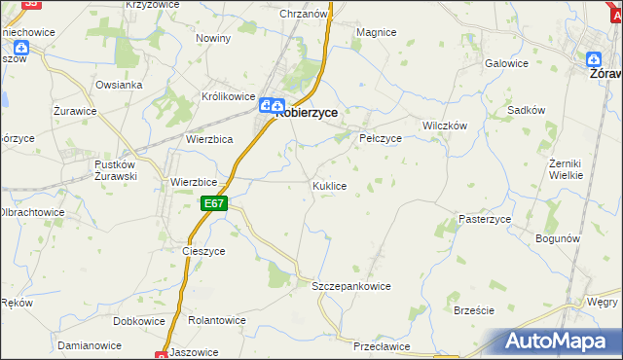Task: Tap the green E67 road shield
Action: pos(215,203)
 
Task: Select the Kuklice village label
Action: pos(329,185)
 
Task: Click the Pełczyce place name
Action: pos(382,138)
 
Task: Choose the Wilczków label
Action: pos(445,126)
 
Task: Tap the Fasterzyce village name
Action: pos(486,220)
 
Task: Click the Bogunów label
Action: pos(559,238)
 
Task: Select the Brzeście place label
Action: pos(474,310)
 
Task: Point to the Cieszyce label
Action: pos(203,251)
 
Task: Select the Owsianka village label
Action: pos(119,85)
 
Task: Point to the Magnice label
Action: pos(376,32)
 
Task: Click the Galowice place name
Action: pos(506,63)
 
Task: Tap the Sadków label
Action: pos(526,111)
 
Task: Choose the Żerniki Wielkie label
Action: pos(566,168)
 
